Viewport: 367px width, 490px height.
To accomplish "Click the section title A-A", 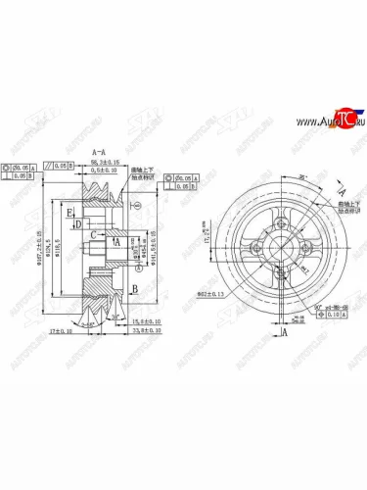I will (x=100, y=153).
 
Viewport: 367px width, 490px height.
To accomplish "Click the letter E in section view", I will (x=70, y=211).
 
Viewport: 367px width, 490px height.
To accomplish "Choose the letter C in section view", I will (x=93, y=235).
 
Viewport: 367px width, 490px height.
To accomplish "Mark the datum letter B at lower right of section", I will (x=132, y=287).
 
